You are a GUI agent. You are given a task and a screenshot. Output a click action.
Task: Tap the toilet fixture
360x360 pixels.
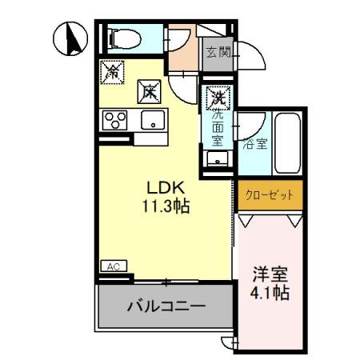point(122,38)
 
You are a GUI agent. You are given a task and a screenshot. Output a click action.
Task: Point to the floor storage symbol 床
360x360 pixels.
point(149,91)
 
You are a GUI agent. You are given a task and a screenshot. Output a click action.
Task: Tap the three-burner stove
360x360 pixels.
point(115,122)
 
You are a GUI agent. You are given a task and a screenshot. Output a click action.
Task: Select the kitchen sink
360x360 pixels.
point(150,122)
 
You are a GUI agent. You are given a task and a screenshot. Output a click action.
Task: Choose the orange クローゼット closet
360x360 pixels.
point(270,194)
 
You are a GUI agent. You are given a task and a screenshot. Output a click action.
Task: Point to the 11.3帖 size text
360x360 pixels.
point(166,206)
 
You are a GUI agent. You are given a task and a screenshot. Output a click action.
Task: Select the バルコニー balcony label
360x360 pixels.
point(166,306)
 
